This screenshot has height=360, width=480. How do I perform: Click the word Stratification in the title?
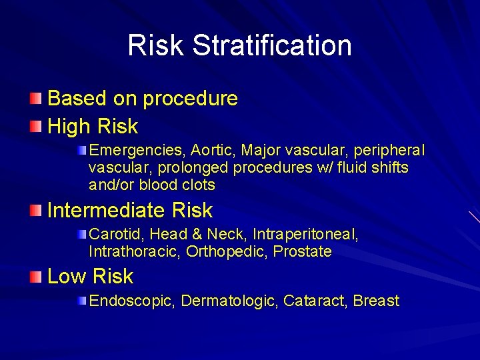pos(272,45)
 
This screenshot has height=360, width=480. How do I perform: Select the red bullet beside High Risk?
pos(36,126)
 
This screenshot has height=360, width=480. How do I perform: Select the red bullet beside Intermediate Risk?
pos(36,211)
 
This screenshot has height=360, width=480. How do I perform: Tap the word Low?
pos(67,277)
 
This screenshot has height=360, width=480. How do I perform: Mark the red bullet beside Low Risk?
pos(36,277)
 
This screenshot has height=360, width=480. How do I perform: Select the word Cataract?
pos(314,301)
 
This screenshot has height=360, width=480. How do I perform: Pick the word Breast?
pos(376,301)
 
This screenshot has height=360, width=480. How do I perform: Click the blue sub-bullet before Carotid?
pos(81,234)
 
